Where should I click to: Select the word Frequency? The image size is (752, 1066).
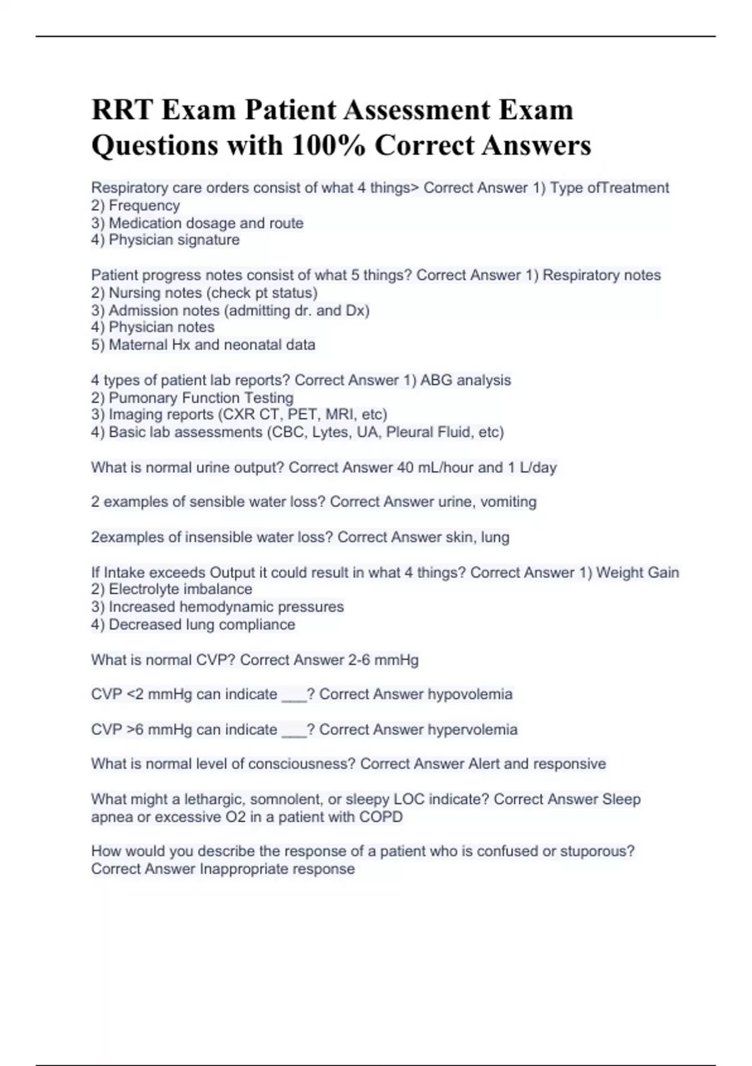point(144,205)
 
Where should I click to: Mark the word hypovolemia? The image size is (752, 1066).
point(470,694)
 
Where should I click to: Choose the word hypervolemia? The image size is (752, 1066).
point(473,729)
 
